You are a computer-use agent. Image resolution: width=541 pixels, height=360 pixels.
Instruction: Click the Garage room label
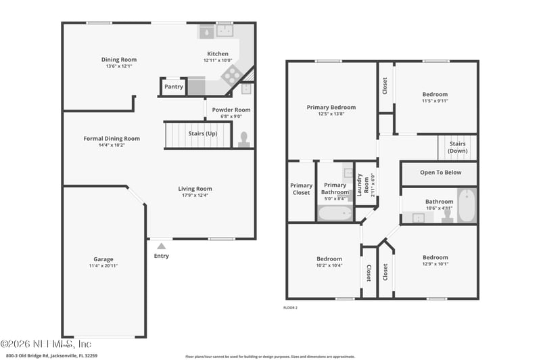[x=103, y=259]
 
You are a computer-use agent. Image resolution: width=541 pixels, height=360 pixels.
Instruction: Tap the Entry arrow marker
[x=161, y=246]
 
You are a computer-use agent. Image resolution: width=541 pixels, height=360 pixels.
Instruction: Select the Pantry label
[x=174, y=87]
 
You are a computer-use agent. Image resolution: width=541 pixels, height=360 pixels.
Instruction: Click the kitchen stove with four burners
[x=231, y=74]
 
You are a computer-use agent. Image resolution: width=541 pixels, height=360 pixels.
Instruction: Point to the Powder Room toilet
[x=243, y=140]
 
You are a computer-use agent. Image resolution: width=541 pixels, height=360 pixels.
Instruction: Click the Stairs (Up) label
[x=202, y=134]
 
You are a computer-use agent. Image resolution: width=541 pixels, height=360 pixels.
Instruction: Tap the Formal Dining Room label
[x=112, y=139]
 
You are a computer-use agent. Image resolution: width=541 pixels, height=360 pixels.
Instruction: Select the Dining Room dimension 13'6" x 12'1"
[x=119, y=66]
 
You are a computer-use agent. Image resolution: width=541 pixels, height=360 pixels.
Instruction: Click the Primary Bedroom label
[x=331, y=108]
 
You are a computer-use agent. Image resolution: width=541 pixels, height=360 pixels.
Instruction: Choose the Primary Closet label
[x=301, y=189]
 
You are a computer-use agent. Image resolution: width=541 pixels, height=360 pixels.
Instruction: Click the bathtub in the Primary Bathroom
[x=335, y=213]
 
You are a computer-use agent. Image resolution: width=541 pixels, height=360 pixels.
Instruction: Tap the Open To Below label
[x=440, y=173]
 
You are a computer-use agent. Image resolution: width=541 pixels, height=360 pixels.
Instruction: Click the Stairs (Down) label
[x=457, y=147]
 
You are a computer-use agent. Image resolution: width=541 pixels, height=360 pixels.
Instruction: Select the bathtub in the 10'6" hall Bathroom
[x=467, y=205]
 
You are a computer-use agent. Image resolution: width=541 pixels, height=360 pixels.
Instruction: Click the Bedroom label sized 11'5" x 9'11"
[x=435, y=95]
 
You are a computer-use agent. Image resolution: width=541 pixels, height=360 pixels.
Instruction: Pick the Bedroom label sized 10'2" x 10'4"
[x=329, y=258]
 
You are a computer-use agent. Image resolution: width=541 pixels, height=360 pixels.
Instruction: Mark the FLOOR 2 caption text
[x=290, y=307]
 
